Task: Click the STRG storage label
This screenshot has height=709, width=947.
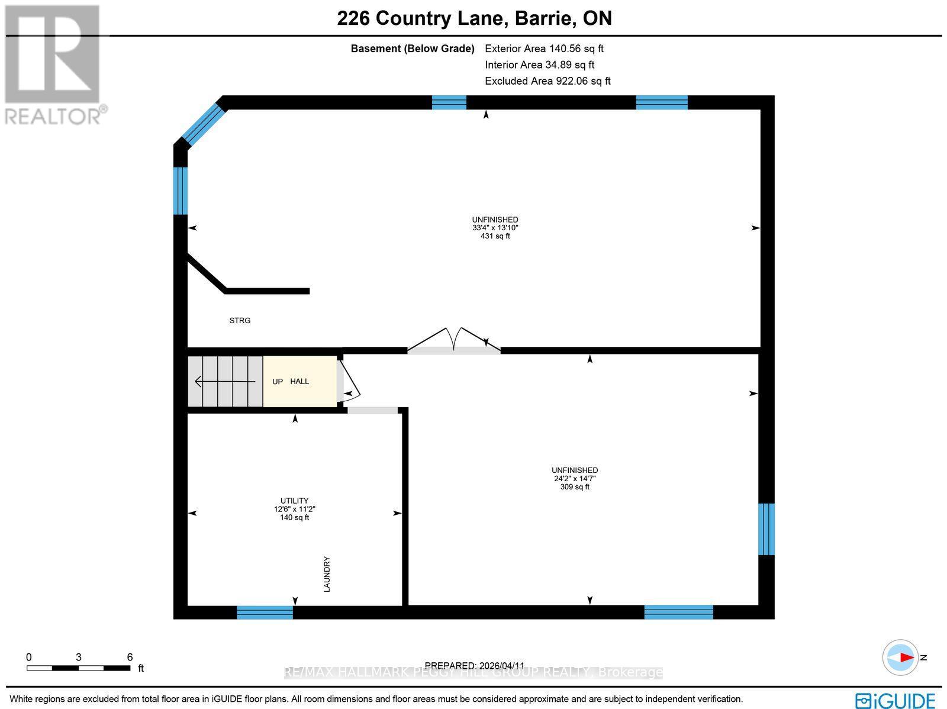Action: click(x=240, y=321)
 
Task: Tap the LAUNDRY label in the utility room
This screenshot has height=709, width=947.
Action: click(x=327, y=574)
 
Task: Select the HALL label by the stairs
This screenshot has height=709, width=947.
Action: click(x=299, y=382)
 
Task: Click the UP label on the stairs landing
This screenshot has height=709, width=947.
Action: click(x=278, y=382)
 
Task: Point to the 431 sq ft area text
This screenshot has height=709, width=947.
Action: click(x=495, y=236)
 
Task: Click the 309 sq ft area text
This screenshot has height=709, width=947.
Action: click(x=575, y=487)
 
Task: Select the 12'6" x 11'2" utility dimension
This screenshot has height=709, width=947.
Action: click(x=295, y=509)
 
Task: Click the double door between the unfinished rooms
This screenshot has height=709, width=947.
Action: click(x=453, y=343)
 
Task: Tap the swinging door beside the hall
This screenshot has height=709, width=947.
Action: click(x=349, y=382)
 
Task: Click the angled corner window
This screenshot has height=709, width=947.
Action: click(x=204, y=123)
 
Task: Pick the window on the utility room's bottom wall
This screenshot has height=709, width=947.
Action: click(x=265, y=613)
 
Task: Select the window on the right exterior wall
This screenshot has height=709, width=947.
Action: click(x=766, y=529)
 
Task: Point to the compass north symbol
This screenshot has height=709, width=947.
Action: click(x=901, y=658)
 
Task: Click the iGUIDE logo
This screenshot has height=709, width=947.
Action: click(x=896, y=700)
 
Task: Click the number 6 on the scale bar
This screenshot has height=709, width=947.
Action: click(x=130, y=657)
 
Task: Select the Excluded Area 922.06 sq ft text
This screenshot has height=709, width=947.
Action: click(x=547, y=81)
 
